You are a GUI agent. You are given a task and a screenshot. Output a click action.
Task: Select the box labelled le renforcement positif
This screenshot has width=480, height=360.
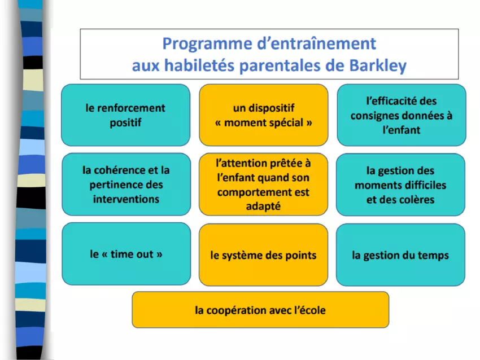pyautogui.click(x=125, y=115)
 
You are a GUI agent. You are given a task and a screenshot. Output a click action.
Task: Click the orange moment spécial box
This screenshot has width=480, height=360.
pyautogui.click(x=264, y=115)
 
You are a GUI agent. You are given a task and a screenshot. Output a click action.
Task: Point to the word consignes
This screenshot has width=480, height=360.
pyautogui.click(x=376, y=116)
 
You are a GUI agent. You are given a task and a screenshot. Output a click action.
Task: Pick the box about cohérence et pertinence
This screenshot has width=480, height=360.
pyautogui.click(x=126, y=185)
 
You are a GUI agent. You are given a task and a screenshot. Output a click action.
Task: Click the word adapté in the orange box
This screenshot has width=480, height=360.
pyautogui.click(x=263, y=206)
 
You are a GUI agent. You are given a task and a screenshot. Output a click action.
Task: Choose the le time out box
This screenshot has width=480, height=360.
pyautogui.click(x=126, y=254)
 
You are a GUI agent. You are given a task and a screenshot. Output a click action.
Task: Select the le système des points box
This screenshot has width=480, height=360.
pyautogui.click(x=263, y=255)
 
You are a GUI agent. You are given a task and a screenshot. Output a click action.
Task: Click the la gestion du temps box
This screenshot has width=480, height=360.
pyautogui.click(x=400, y=255)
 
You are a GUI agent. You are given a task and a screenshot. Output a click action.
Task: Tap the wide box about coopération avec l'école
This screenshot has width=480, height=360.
pyautogui.click(x=260, y=310)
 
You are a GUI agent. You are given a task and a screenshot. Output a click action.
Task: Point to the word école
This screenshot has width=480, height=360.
pyautogui.click(x=312, y=310)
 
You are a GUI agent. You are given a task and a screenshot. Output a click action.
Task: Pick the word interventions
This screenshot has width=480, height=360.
pyautogui.click(x=126, y=199)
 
